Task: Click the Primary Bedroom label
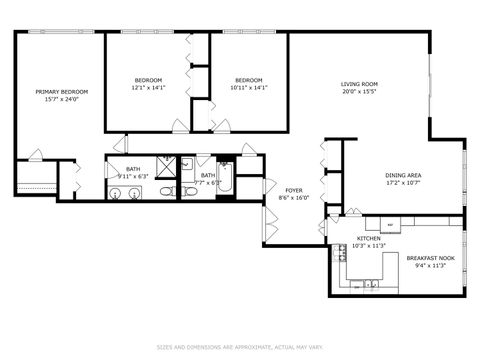(x=56, y=91)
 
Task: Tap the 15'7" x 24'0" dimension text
(x=56, y=99)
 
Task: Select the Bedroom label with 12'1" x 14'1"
(x=148, y=80)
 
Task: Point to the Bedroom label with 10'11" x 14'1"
(x=248, y=80)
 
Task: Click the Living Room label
(x=359, y=84)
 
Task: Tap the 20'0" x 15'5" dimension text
(x=359, y=92)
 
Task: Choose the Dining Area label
(x=403, y=176)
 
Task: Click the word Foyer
(x=294, y=189)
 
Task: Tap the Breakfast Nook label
(x=431, y=258)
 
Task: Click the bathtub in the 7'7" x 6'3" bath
(x=225, y=181)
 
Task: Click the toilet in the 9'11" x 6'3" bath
(x=167, y=190)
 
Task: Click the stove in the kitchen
(x=339, y=252)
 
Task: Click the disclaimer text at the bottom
(x=240, y=348)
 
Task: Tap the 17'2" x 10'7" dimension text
(x=403, y=184)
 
